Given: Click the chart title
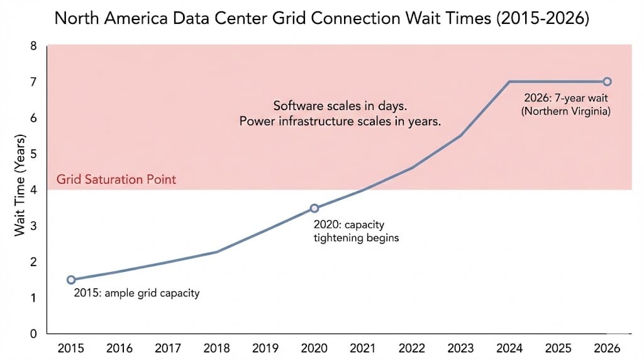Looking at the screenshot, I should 321,18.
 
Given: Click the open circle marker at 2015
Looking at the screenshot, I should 71,279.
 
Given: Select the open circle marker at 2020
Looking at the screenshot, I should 314,208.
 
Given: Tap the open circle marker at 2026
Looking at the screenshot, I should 607,81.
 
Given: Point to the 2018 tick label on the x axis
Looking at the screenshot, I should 217,348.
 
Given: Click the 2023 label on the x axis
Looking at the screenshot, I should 460,348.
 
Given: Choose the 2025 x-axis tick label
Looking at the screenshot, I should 558,348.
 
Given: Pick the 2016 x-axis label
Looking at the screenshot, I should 119,348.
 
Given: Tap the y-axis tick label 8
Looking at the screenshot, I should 34,46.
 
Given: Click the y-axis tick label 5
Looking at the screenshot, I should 34,154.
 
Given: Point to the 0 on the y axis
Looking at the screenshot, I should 34,334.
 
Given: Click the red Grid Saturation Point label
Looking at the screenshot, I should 116,179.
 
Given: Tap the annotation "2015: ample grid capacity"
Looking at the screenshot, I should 136,293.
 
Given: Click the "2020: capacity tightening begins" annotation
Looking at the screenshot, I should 356,231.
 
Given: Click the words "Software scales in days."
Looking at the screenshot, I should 340,106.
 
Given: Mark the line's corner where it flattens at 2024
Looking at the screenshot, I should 509,81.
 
